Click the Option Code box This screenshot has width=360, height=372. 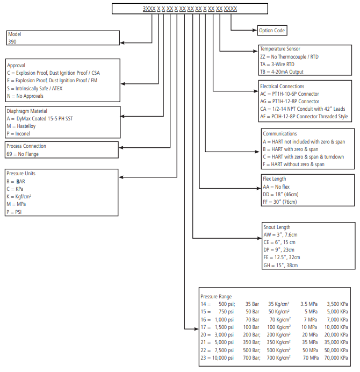pyautogui.click(x=272, y=31)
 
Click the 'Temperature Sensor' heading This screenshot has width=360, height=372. pyautogui.click(x=280, y=49)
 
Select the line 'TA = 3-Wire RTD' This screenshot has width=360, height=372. pyautogui.click(x=278, y=64)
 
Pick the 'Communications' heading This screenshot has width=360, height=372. pyautogui.click(x=279, y=134)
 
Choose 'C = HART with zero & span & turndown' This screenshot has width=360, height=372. pyautogui.click(x=303, y=156)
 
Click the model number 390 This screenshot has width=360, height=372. pyautogui.click(x=12, y=41)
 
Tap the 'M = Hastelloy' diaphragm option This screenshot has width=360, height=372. pyautogui.click(x=23, y=126)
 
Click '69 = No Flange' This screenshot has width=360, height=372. pyautogui.click(x=23, y=154)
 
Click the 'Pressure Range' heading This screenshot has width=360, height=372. pyautogui.click(x=216, y=296)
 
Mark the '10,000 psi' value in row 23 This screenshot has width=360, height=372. pyautogui.click(x=222, y=357)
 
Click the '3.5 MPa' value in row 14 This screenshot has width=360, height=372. pyautogui.click(x=311, y=304)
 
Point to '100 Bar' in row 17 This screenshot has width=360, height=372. pyautogui.click(x=251, y=327)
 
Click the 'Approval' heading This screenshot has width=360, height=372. pyautogui.click(x=17, y=65)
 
